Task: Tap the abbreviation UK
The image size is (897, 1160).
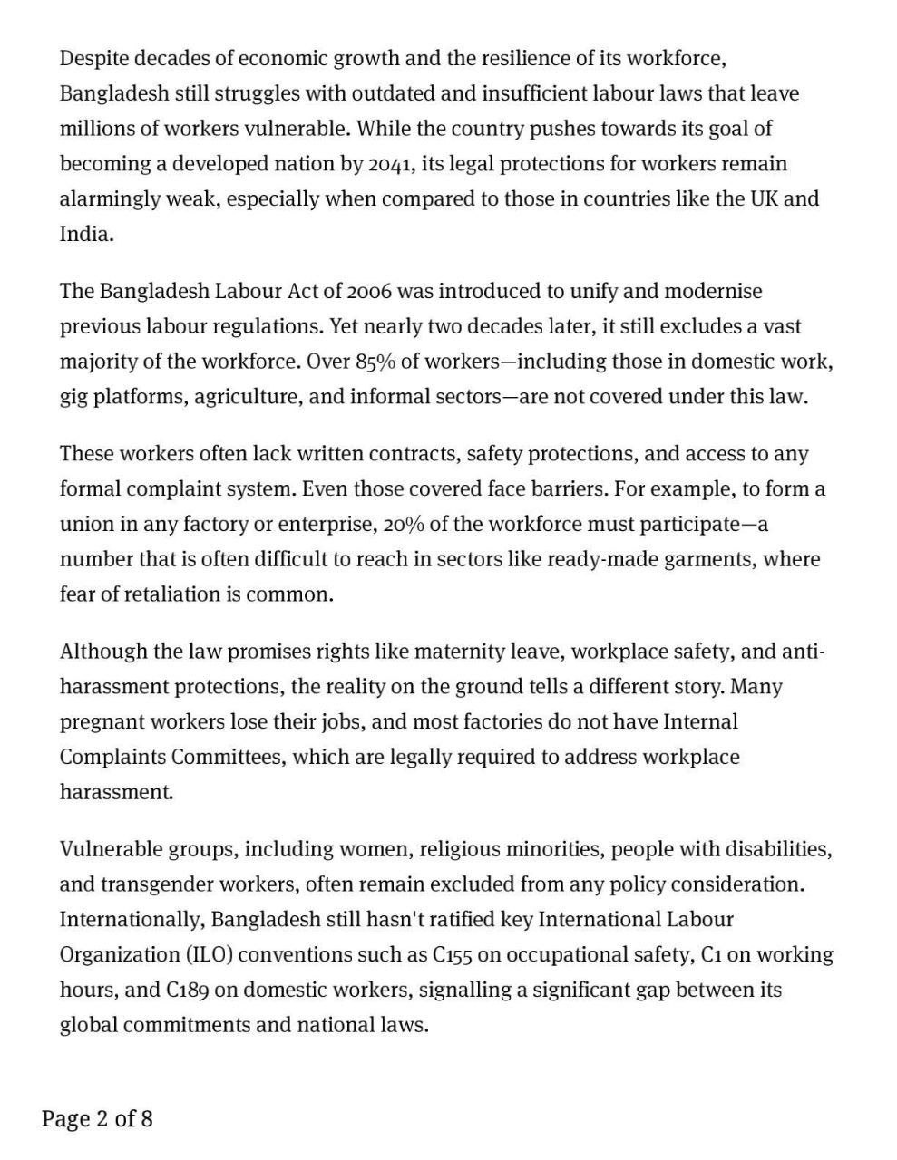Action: (763, 198)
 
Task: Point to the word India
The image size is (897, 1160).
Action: (85, 234)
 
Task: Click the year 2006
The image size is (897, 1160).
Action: (369, 292)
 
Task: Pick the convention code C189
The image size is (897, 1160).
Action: (188, 991)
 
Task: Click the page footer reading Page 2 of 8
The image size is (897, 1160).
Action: (97, 1119)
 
